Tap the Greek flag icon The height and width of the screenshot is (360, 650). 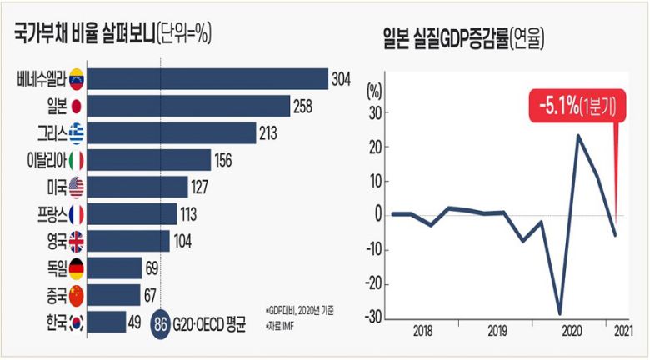point(77,133)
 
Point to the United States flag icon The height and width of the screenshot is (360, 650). point(77,187)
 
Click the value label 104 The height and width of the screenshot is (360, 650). point(183,241)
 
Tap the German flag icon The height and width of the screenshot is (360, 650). point(76,267)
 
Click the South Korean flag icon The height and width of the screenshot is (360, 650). point(76,321)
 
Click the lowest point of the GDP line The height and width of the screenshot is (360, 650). point(559,313)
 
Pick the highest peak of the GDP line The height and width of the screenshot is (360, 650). point(577,135)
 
